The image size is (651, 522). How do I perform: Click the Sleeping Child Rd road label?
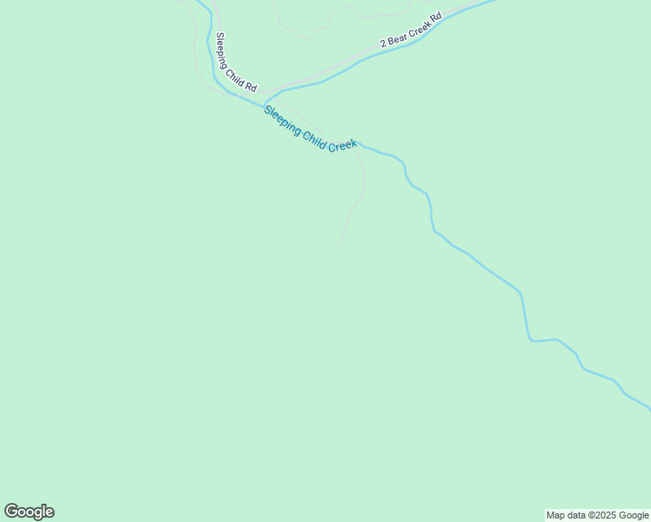click(x=237, y=63)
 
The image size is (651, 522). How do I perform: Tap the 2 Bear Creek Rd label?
click(x=412, y=30)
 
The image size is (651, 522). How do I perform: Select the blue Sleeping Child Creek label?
click(x=310, y=129)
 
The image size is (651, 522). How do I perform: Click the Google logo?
click(x=29, y=512)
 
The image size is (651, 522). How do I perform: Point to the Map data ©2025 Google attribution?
click(x=597, y=515)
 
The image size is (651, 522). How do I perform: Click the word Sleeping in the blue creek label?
click(x=283, y=117)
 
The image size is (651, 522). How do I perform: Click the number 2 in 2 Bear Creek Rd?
click(x=382, y=43)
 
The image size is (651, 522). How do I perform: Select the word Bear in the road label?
click(x=396, y=37)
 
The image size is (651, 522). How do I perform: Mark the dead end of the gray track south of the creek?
click(x=340, y=251)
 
